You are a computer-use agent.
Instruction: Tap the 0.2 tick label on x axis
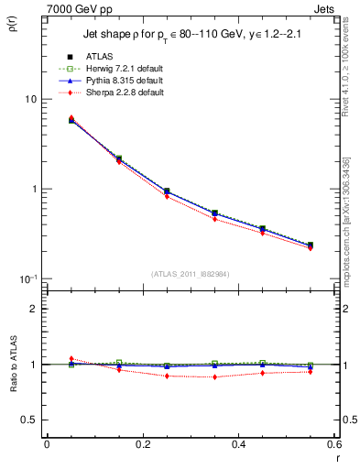142,444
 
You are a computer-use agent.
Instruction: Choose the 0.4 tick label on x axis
237,444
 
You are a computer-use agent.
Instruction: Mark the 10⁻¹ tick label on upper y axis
27,278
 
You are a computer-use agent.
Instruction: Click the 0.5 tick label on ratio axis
29,420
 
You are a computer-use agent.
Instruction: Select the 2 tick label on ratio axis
34,309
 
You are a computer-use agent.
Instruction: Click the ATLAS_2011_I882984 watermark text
191,273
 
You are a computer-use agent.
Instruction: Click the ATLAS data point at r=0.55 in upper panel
310,245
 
